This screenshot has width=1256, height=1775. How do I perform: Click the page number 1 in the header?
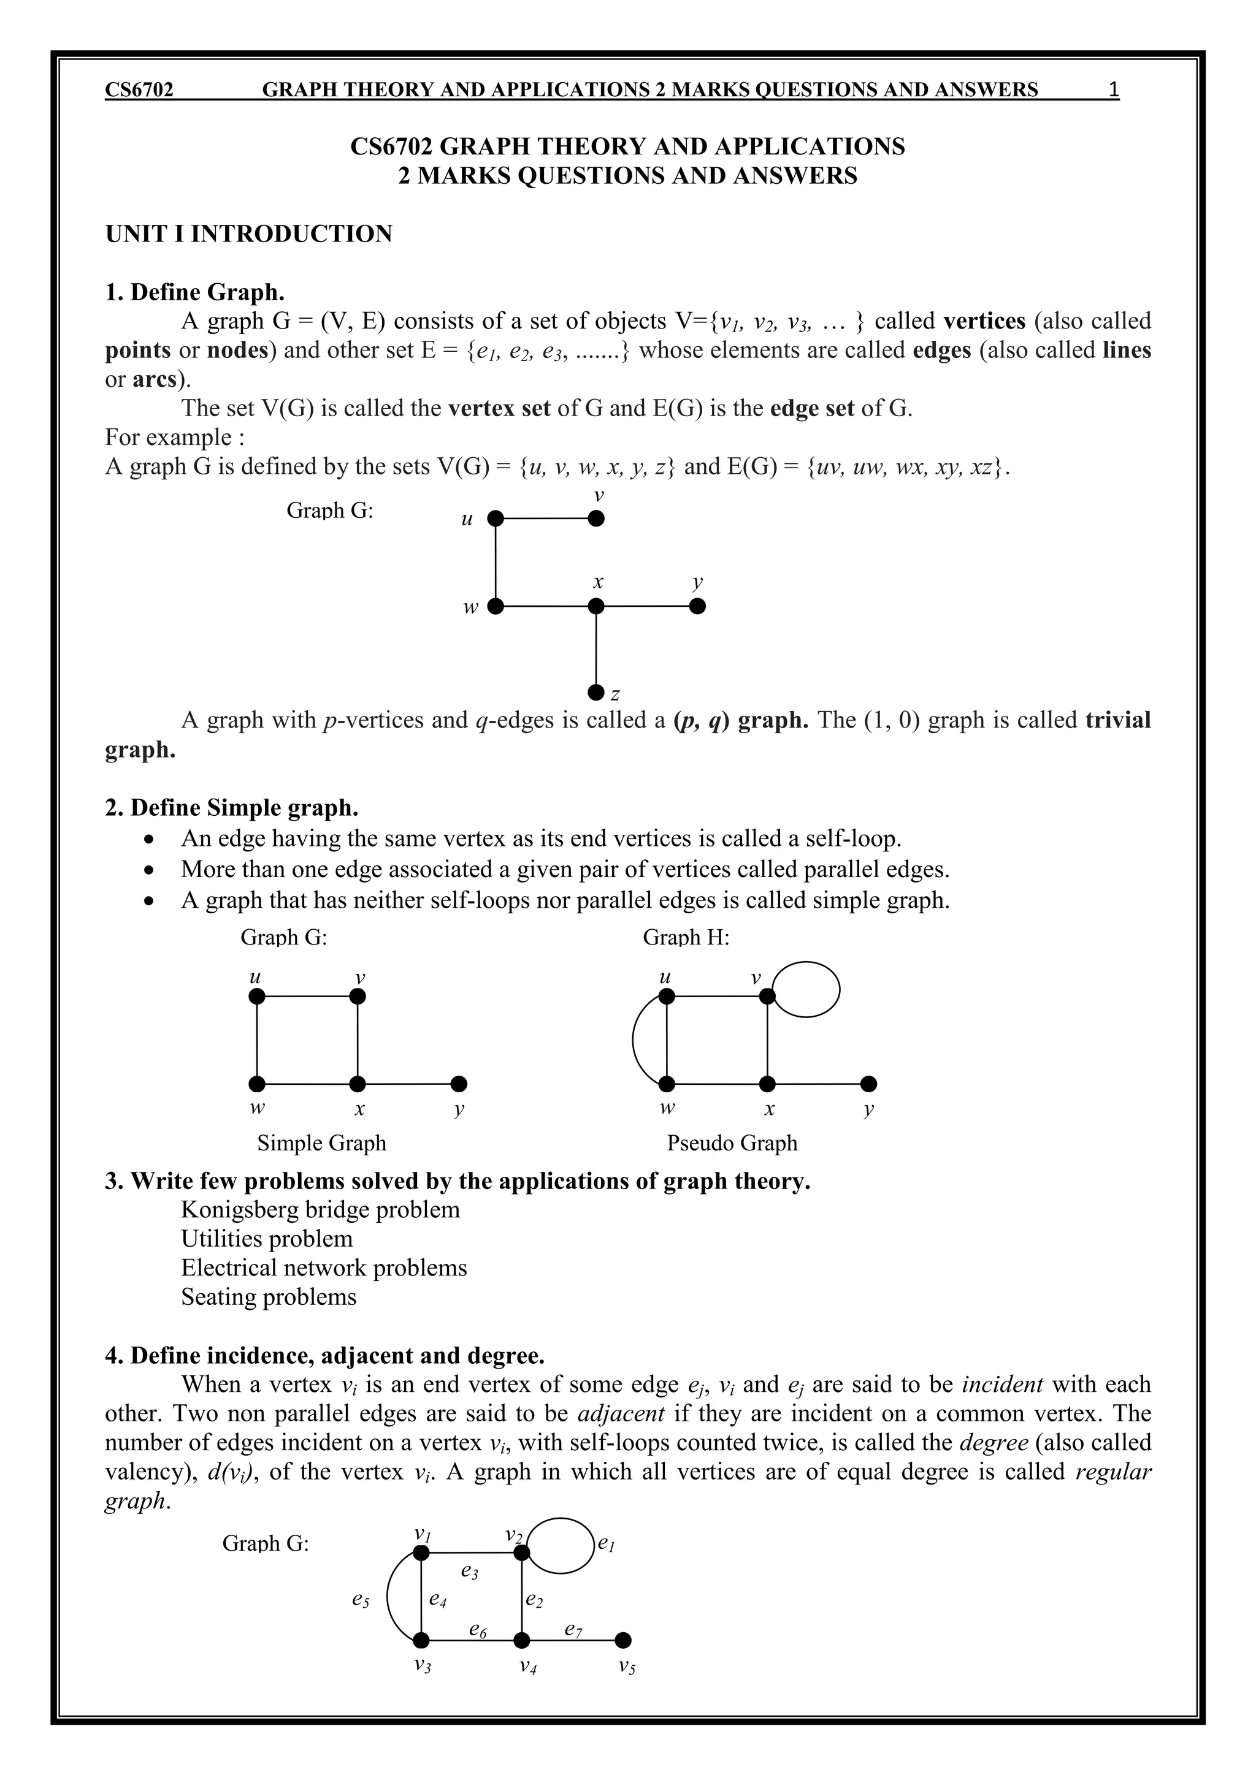(1113, 89)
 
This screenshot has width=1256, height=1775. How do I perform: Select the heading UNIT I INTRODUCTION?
(248, 234)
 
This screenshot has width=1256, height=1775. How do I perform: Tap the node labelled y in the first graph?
(697, 606)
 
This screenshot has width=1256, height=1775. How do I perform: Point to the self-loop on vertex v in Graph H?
(806, 989)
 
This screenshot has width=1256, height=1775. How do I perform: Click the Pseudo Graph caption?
(732, 1142)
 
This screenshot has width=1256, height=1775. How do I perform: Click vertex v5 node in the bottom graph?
(623, 1640)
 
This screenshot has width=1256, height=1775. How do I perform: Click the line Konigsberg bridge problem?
(320, 1209)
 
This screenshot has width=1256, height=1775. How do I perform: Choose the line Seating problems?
(269, 1296)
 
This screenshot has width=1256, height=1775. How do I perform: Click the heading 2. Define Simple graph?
(231, 808)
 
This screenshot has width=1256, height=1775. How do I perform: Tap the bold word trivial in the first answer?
(1117, 720)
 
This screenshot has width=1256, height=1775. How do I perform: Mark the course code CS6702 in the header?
(139, 89)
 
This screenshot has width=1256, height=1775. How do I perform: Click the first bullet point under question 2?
(151, 840)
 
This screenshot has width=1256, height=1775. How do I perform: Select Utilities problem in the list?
(267, 1239)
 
